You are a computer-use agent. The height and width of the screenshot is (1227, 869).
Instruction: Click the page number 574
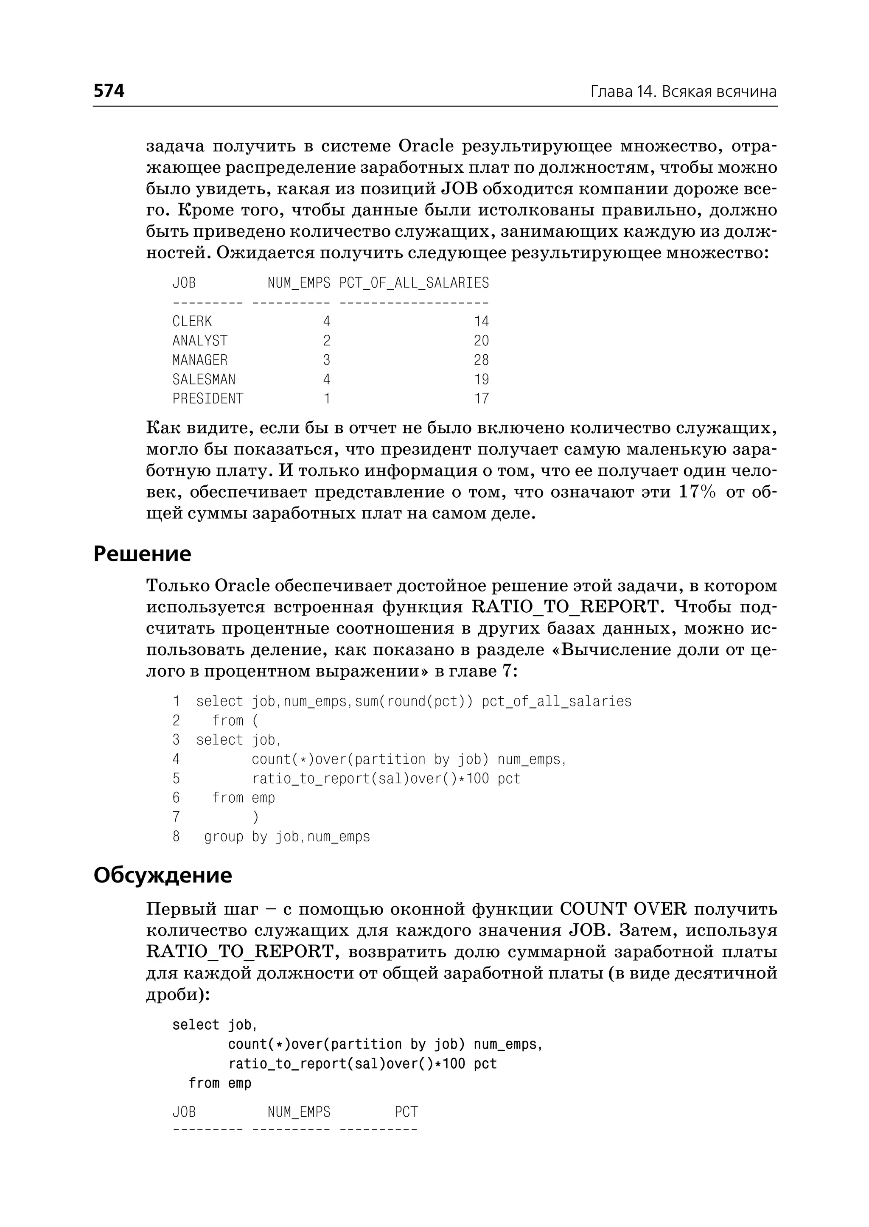click(109, 91)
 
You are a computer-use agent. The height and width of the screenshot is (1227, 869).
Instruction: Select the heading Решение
click(142, 554)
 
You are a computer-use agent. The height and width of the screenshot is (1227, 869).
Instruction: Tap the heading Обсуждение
click(163, 875)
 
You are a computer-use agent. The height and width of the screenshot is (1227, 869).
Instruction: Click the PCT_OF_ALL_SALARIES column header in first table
click(414, 283)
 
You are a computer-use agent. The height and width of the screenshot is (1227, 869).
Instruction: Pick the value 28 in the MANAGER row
click(481, 360)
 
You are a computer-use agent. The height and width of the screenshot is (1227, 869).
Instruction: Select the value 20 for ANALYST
click(481, 341)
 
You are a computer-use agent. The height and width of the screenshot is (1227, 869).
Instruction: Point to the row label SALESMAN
click(204, 379)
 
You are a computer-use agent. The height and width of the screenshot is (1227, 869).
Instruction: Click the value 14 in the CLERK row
click(481, 322)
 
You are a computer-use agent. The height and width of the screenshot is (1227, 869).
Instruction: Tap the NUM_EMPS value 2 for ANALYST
click(326, 341)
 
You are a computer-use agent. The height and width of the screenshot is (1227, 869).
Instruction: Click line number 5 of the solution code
click(176, 779)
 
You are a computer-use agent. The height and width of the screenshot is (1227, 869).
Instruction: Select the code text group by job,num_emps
click(287, 837)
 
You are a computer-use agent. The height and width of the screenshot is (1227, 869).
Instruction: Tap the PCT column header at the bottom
click(406, 1112)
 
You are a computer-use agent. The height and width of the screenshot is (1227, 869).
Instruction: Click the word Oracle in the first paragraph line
click(426, 146)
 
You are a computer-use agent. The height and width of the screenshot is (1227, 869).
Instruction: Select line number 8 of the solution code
click(176, 837)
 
